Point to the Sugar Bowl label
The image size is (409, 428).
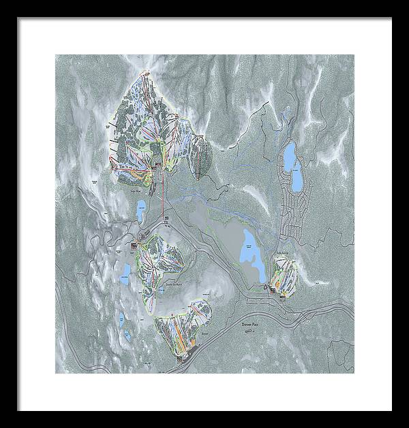coord(135,193)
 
